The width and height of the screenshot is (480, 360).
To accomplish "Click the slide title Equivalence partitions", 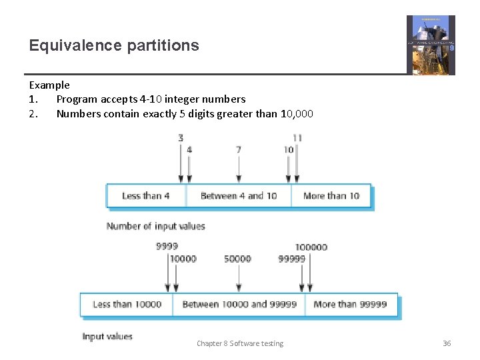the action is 114,45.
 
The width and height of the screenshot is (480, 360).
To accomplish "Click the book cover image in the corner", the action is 431,45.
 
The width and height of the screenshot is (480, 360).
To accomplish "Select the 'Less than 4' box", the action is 146,196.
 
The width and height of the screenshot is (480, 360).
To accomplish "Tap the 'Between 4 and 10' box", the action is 238,196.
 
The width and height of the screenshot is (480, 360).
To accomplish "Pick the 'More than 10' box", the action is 331,196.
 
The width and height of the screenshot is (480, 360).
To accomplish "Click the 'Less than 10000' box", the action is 127,305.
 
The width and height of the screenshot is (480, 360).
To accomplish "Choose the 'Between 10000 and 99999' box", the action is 239,305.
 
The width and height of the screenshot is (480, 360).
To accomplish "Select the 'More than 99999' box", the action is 350,305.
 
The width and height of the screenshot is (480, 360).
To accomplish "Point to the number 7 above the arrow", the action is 238,150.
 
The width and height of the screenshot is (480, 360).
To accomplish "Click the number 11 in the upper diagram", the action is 297,138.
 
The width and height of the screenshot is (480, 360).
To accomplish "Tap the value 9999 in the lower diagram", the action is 167,247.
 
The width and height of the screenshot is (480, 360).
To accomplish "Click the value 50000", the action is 237,259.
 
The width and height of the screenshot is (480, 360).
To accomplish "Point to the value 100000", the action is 311,247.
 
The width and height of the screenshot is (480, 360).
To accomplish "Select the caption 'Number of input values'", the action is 155,227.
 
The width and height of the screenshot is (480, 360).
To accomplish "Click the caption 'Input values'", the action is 107,337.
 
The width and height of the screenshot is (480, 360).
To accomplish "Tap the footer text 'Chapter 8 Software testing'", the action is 239,343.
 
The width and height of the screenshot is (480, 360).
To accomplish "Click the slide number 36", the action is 447,343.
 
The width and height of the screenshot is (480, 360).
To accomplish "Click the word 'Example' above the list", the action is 49,85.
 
